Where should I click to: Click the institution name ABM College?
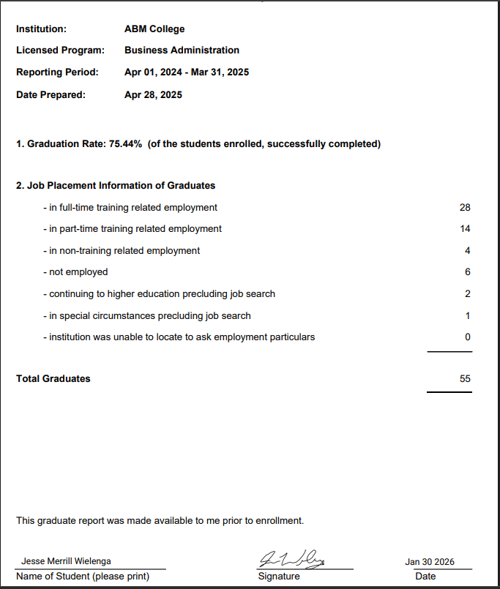(x=154, y=29)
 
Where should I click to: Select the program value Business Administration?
(x=182, y=50)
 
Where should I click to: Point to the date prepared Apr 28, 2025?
(x=153, y=94)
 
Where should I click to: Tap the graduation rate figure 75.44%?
(x=125, y=144)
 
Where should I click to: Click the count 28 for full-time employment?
(x=465, y=208)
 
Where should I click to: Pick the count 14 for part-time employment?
(x=465, y=229)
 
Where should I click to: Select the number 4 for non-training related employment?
(x=468, y=251)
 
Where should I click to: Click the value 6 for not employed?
(x=468, y=272)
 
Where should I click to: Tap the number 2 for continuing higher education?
(x=468, y=294)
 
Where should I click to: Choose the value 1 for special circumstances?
(x=468, y=316)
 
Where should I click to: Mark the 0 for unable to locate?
(x=468, y=337)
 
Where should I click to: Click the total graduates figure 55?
(x=465, y=379)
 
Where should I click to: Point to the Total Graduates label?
(x=53, y=379)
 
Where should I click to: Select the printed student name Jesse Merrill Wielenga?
(x=67, y=562)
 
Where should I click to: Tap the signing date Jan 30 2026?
(x=430, y=562)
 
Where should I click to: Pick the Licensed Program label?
(x=60, y=50)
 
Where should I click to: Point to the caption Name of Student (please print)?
(x=83, y=577)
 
